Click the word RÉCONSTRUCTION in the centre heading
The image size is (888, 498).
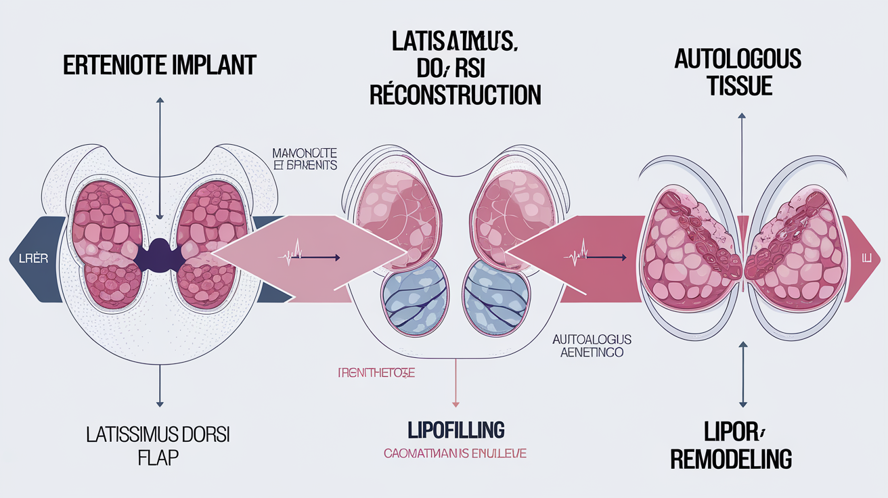(456, 95)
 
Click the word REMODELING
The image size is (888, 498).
(732, 459)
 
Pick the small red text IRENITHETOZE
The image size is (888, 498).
(376, 373)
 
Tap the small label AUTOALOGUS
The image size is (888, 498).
(592, 338)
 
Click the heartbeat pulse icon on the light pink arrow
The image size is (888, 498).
(292, 257)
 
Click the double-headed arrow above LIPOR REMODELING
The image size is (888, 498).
(742, 372)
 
